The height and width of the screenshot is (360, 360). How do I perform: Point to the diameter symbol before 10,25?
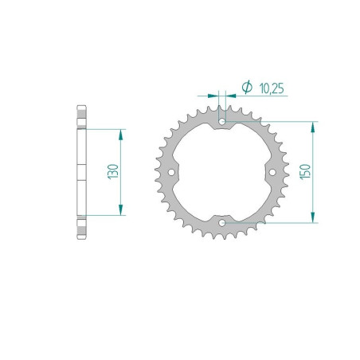click(x=246, y=86)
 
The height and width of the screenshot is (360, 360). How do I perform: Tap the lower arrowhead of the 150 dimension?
click(x=315, y=217)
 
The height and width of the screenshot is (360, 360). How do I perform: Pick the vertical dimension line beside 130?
click(x=120, y=191)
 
